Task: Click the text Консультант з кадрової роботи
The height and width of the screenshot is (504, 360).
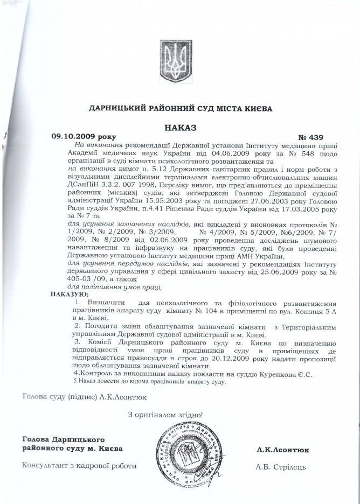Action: (x=79, y=466)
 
